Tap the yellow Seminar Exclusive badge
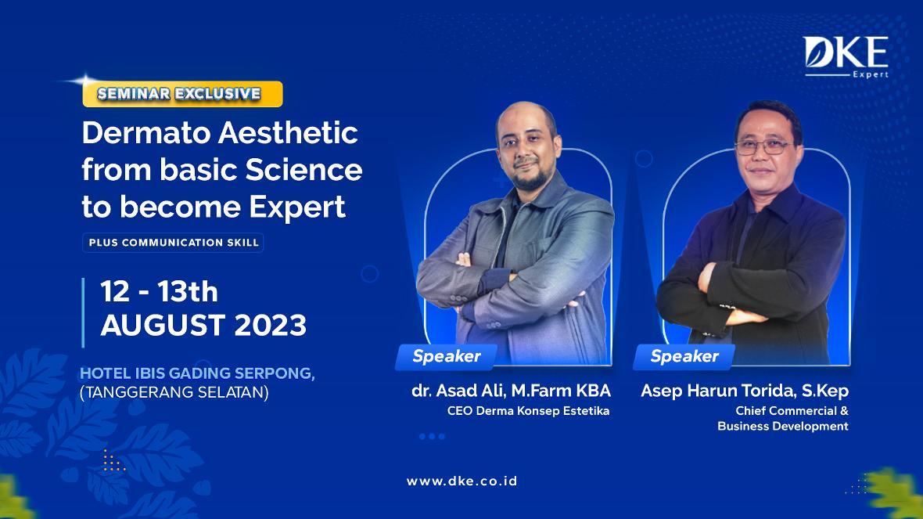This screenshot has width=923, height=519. pos(182,94)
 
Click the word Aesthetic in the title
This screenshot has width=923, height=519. pos(288,133)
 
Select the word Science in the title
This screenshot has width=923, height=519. pos(303,170)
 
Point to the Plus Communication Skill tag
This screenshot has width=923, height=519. pos(173,243)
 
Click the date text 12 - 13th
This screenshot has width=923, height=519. pos(159,292)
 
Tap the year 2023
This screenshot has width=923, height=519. pos(270,325)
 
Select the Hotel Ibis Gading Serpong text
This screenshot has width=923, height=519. pos(197,373)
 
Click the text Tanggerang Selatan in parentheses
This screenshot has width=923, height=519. pos(174,392)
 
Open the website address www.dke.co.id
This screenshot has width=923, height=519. pos(462,481)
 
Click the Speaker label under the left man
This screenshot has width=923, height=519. pos(446,356)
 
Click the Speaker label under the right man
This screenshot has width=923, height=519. pos(684,356)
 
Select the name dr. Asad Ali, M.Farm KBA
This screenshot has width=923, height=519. pos(511,391)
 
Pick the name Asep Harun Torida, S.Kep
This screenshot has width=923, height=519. pos(745,391)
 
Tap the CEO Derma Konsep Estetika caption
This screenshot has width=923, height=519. pos(528,411)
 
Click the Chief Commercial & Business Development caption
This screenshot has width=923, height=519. pos(783,418)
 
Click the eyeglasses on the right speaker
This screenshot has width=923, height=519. pos(763,146)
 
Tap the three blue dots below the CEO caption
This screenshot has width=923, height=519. pos(432,437)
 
